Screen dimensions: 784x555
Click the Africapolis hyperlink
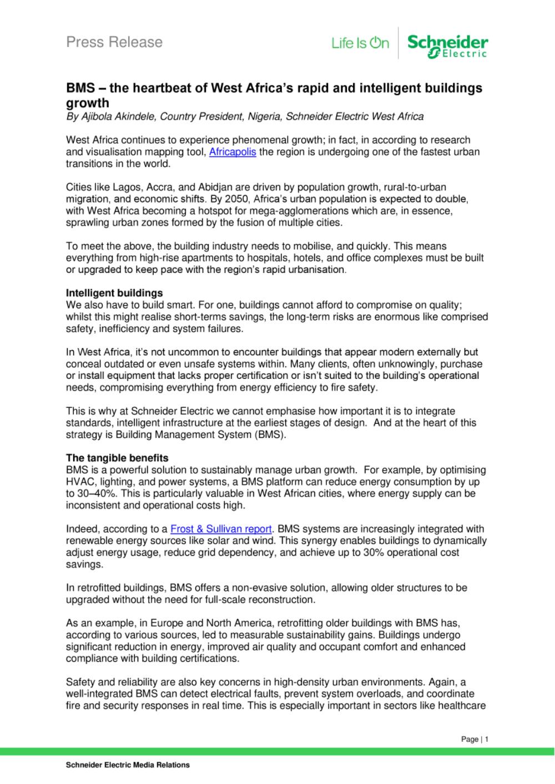[x=232, y=152]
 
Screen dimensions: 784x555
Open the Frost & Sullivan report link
[x=221, y=529]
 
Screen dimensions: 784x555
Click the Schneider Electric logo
[x=447, y=44]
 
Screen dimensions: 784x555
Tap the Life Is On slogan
[x=360, y=43]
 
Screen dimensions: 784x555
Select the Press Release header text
[x=114, y=42]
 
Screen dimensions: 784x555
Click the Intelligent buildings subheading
[x=114, y=293]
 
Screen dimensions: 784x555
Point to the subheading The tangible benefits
[x=117, y=458]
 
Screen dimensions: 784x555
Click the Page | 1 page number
[x=475, y=739]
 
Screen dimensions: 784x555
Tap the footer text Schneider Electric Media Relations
[x=128, y=765]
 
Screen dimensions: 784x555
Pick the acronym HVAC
[x=78, y=482]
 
